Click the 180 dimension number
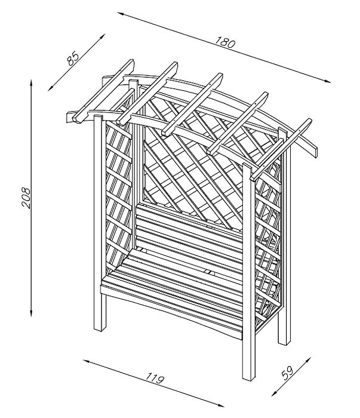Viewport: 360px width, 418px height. coord(225,42)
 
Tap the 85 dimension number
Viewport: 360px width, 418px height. coord(73,59)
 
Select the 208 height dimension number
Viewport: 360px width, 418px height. coord(26,198)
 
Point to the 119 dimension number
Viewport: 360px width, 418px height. coord(155,378)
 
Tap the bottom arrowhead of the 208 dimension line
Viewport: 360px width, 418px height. coord(32,313)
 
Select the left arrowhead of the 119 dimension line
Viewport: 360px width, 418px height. coord(87,361)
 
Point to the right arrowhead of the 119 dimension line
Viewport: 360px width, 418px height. coord(219,405)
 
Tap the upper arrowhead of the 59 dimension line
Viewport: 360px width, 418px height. coord(308,360)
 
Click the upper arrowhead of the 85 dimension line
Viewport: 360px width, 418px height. coord(103,36)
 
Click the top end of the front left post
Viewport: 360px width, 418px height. coord(99,116)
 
